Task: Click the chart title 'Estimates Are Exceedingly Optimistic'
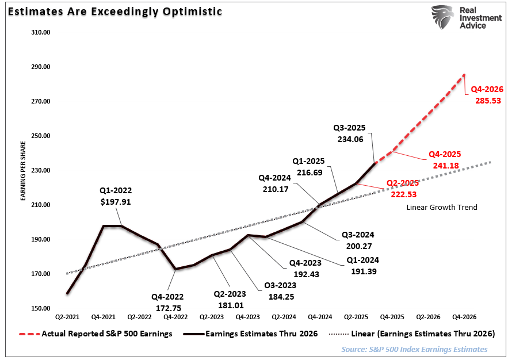pyautogui.click(x=114, y=11)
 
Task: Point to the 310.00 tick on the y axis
pyautogui.click(x=41, y=32)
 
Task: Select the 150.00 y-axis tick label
pyautogui.click(x=41, y=308)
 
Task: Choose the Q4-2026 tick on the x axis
pyautogui.click(x=464, y=317)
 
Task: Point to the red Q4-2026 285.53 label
pyautogui.click(x=487, y=94)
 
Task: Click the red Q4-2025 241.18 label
pyautogui.click(x=445, y=159)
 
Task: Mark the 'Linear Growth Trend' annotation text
pyautogui.click(x=442, y=208)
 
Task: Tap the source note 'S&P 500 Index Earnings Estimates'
pyautogui.click(x=414, y=349)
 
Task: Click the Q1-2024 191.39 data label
pyautogui.click(x=362, y=265)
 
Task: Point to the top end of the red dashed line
pyautogui.click(x=464, y=74)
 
